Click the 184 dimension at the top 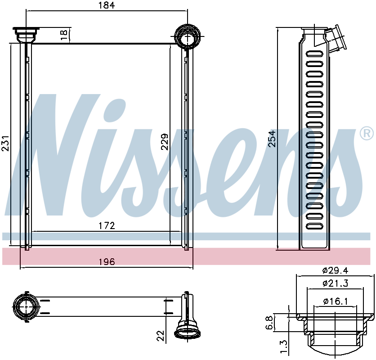pos(107,5)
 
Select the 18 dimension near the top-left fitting pos(64,35)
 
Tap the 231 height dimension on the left pos(5,143)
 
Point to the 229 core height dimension pos(165,142)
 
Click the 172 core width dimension pos(107,225)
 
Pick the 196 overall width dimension pos(107,261)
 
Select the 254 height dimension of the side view pos(272,139)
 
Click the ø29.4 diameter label pos(335,271)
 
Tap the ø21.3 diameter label pos(335,283)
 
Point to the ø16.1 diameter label pos(335,301)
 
